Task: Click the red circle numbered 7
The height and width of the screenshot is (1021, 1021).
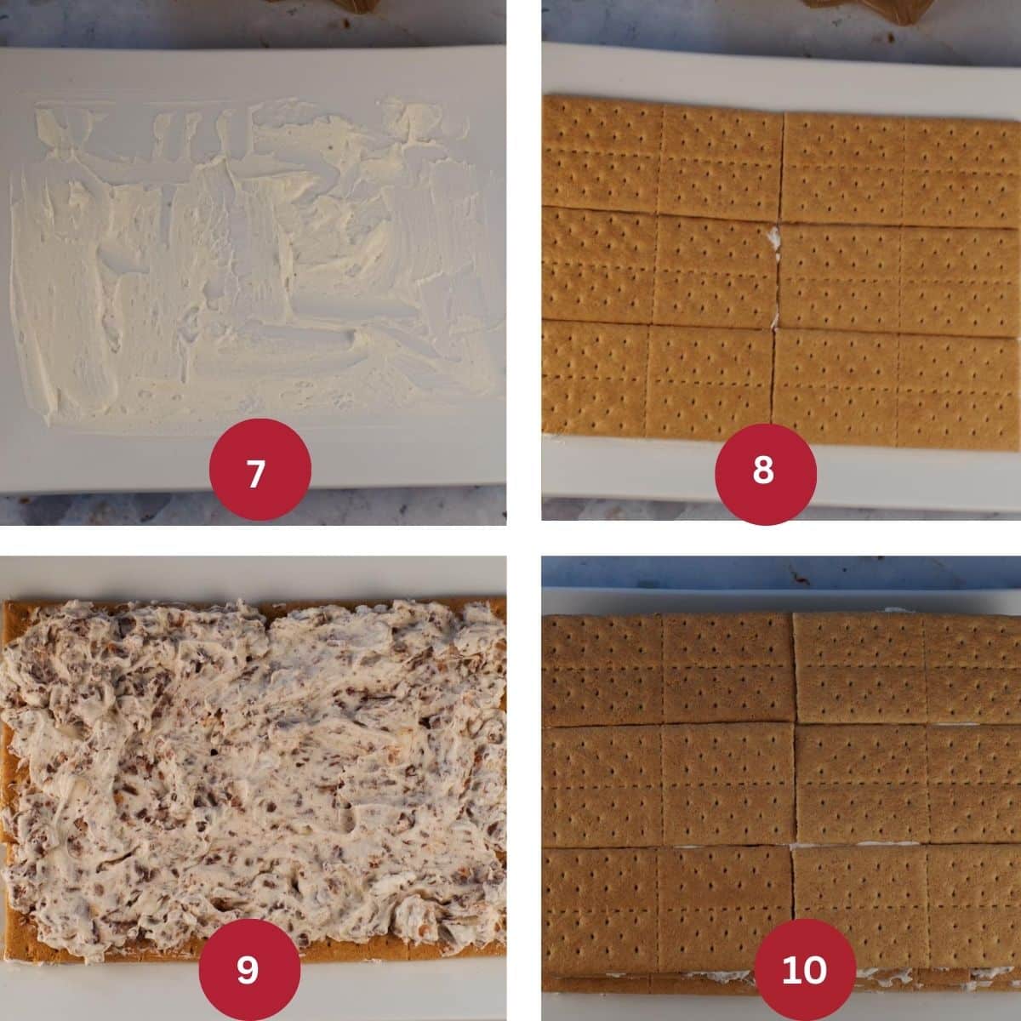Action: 260,469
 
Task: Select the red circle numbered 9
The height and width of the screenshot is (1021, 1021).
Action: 249,969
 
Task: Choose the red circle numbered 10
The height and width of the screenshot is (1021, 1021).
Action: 805,969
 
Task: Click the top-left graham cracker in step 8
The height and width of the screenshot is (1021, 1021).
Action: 662,157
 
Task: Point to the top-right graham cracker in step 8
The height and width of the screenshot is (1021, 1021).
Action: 901,169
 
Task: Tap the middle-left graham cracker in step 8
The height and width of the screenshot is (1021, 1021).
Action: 659,266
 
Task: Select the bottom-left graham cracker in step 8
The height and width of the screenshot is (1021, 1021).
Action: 657,379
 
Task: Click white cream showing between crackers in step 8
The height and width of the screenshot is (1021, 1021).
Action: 776,249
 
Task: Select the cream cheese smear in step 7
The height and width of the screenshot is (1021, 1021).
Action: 254,260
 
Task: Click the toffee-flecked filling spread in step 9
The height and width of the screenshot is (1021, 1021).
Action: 254,773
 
